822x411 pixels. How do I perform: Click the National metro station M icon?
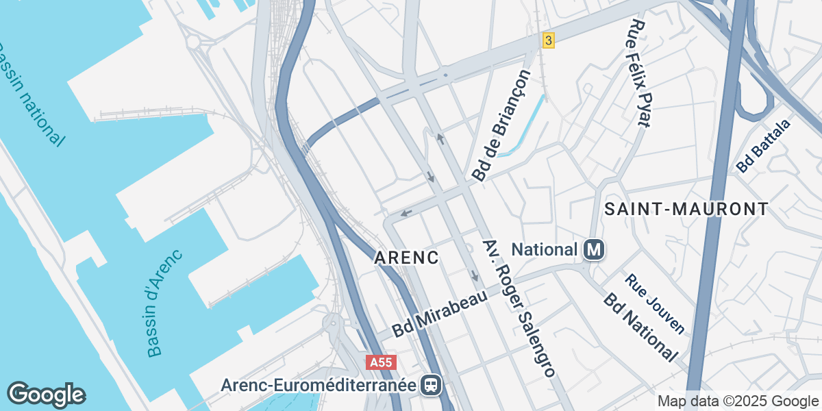tap(594, 250)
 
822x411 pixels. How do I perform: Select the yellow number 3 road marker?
tap(547, 40)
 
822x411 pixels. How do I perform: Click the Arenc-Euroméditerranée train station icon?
tap(432, 385)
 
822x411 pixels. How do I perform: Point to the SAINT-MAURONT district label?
tap(686, 209)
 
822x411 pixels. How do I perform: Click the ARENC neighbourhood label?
tap(406, 258)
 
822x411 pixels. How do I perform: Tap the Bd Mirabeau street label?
tap(439, 314)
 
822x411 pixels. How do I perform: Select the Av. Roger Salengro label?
tap(517, 309)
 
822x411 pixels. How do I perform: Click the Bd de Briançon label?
tap(501, 125)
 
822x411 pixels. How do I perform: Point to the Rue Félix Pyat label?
tap(638, 73)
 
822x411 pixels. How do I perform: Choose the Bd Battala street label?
tap(763, 145)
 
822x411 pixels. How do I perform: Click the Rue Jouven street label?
tap(654, 303)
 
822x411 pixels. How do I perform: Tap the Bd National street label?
tap(640, 327)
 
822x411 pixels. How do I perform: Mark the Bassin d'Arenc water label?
tap(164, 303)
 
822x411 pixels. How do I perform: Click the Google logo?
tap(46, 395)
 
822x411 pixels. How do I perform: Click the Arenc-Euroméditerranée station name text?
tap(318, 385)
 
